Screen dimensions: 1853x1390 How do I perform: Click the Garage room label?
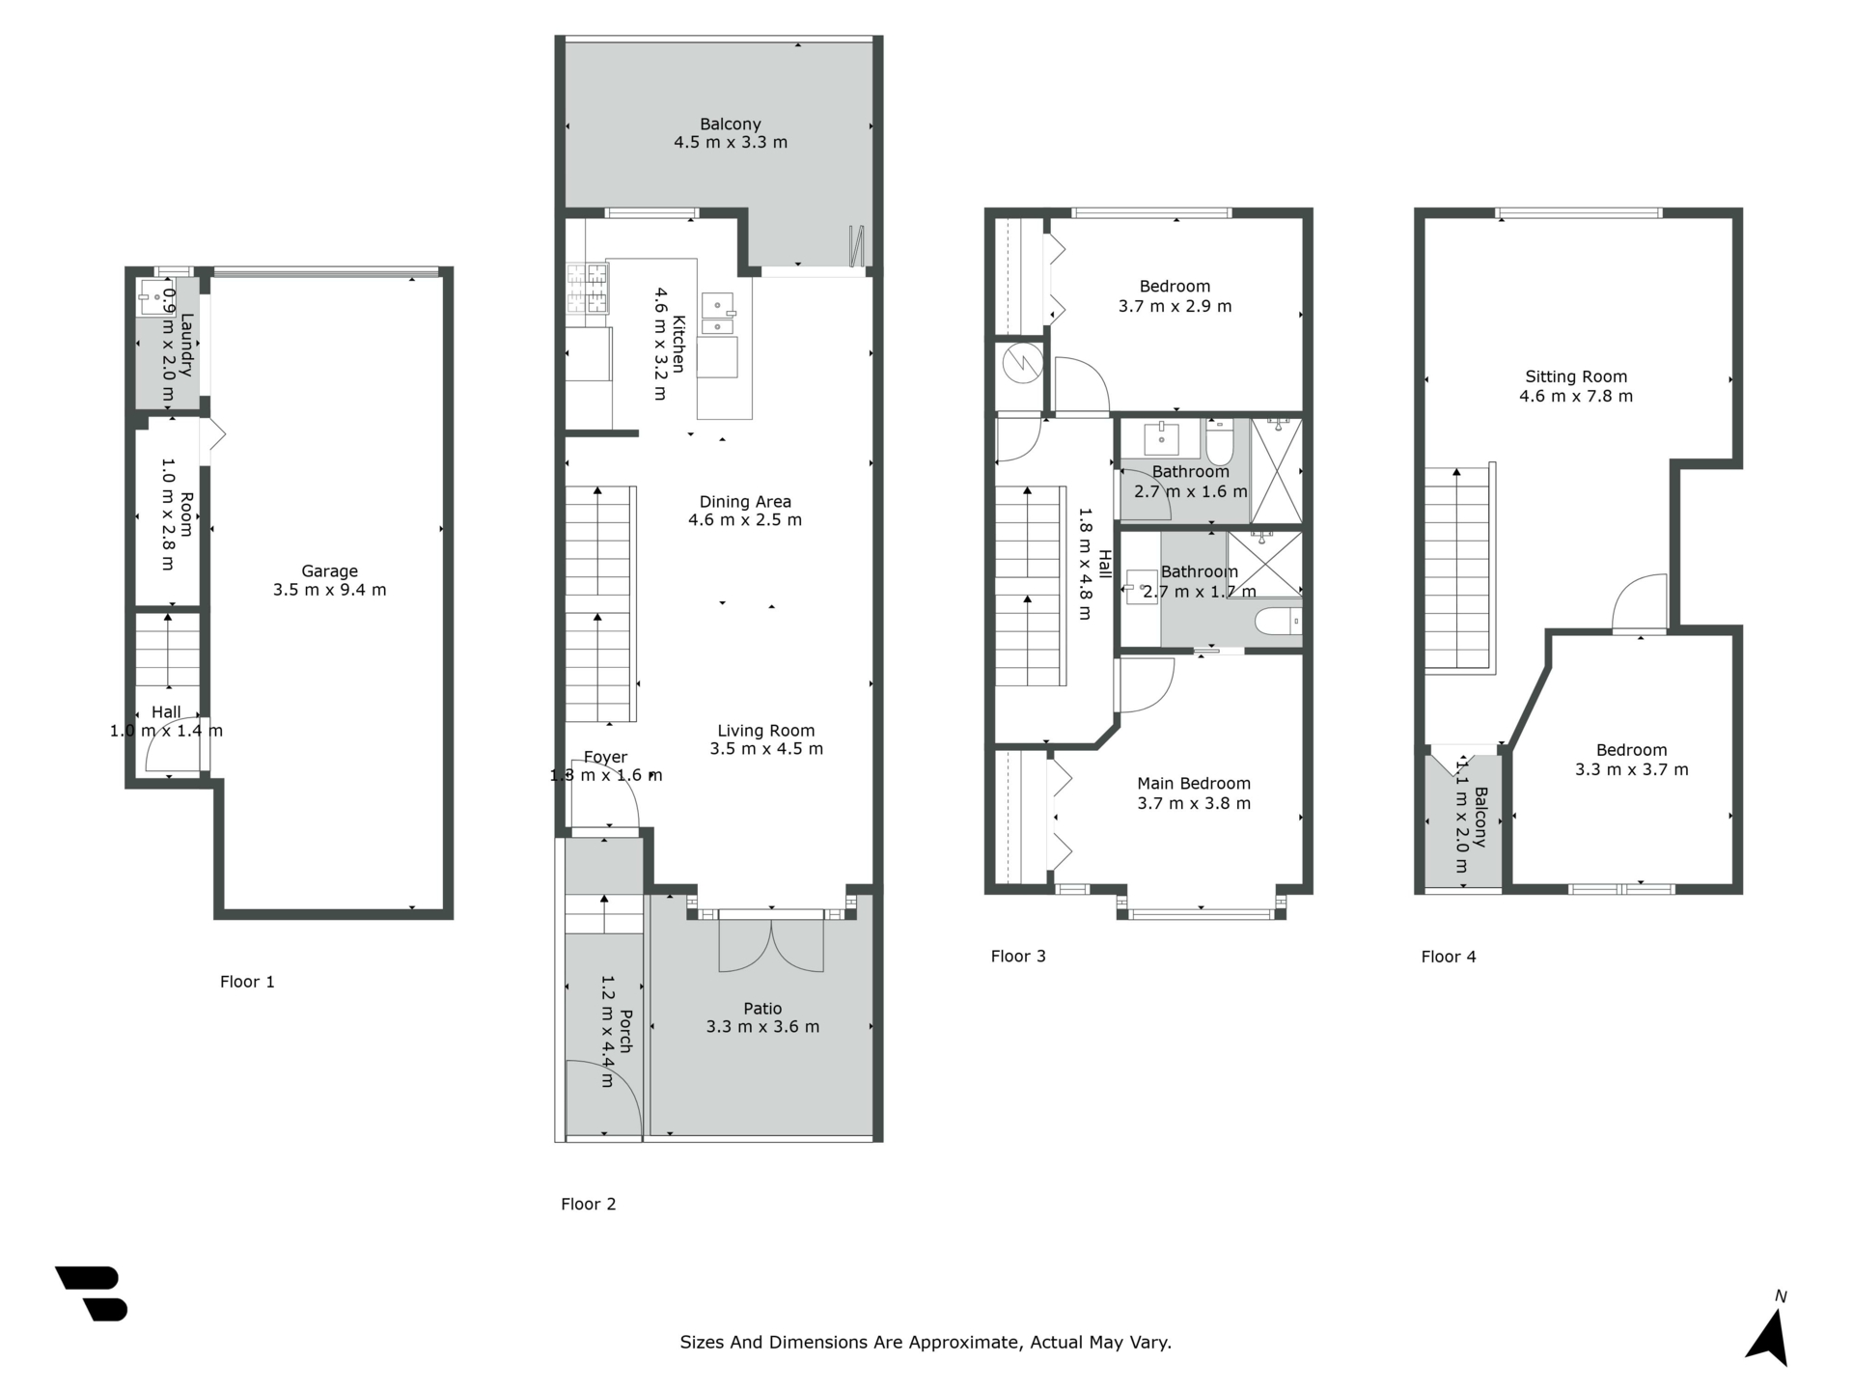click(x=329, y=571)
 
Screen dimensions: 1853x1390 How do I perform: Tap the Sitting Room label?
click(x=1576, y=376)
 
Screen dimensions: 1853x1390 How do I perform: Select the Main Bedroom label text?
click(x=1194, y=784)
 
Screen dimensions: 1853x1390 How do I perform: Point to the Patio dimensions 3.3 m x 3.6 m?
click(x=762, y=1027)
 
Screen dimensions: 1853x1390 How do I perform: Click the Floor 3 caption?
click(x=1018, y=957)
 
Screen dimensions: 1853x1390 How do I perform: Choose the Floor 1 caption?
click(x=247, y=982)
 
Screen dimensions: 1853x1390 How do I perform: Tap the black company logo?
click(x=92, y=1293)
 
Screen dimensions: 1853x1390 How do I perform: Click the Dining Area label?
click(x=745, y=502)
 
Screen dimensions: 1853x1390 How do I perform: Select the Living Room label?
click(x=766, y=731)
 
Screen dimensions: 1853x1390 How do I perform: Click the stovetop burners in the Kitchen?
click(x=587, y=288)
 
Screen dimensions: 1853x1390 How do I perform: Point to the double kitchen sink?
click(x=718, y=314)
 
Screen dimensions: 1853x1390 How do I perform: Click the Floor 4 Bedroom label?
click(x=1631, y=750)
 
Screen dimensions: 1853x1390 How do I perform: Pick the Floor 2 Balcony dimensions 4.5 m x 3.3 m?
click(x=731, y=143)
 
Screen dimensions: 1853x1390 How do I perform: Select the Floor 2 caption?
click(x=589, y=1204)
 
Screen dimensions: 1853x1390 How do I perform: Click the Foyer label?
click(x=605, y=758)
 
